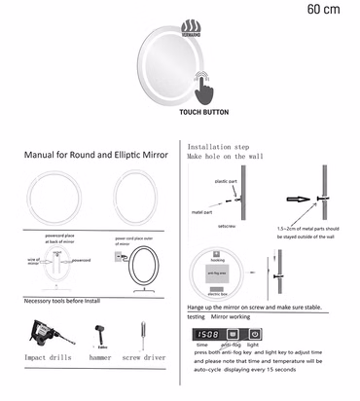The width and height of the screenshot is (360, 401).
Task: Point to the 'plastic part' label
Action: click(x=226, y=182)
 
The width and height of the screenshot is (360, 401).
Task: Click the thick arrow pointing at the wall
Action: click(x=296, y=200)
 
